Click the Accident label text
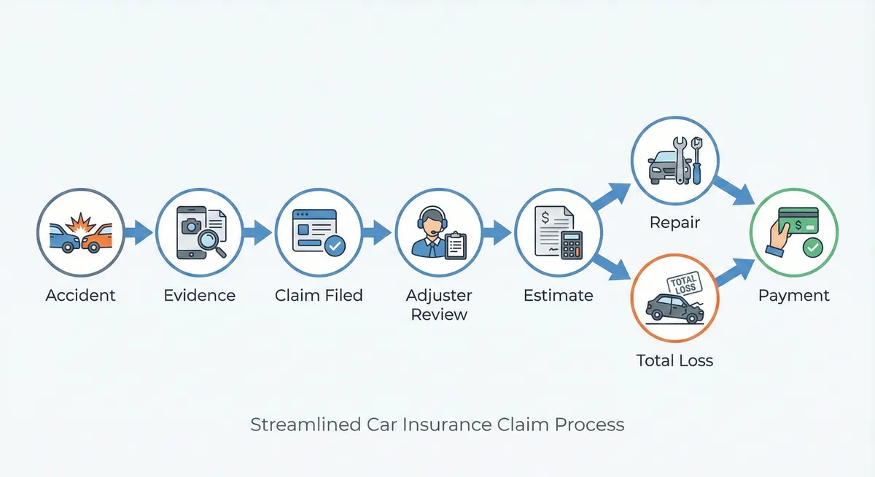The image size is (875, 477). coord(80,295)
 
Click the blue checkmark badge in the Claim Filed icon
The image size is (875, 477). coord(335,246)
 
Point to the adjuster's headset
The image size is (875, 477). coord(432,219)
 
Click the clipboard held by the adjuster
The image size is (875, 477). coord(455,245)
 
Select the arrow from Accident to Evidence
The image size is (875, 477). coord(137,233)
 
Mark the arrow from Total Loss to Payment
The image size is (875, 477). coord(733,272)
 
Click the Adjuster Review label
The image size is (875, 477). coord(439,304)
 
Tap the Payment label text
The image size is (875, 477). coord(794,295)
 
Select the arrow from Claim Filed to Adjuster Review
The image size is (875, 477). coord(376,233)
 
